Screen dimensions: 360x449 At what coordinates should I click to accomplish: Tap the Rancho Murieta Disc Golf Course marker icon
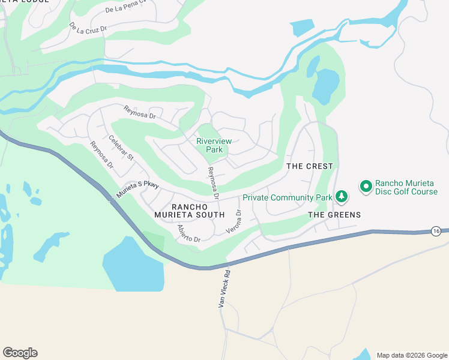(x=366, y=187)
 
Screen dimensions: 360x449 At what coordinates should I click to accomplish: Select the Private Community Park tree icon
(x=341, y=196)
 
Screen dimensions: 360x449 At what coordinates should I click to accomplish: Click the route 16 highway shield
(x=436, y=231)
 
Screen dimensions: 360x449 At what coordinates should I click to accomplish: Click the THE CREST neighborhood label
(x=309, y=166)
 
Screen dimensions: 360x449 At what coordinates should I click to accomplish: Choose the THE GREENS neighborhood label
(x=334, y=215)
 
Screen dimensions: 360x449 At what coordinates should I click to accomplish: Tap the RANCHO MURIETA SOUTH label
(x=189, y=210)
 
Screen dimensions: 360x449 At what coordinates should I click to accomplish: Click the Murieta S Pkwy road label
(x=137, y=191)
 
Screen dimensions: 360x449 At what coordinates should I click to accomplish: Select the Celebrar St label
(x=121, y=148)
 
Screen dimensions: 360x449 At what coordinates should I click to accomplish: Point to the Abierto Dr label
(x=188, y=234)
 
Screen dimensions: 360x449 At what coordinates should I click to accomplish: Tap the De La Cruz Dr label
(x=88, y=28)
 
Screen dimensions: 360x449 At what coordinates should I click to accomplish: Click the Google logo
(x=20, y=353)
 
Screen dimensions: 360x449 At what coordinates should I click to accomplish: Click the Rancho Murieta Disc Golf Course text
(x=406, y=187)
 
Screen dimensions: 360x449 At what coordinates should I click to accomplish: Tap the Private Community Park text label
(x=288, y=197)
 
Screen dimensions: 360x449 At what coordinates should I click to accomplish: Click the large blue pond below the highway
(x=133, y=264)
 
